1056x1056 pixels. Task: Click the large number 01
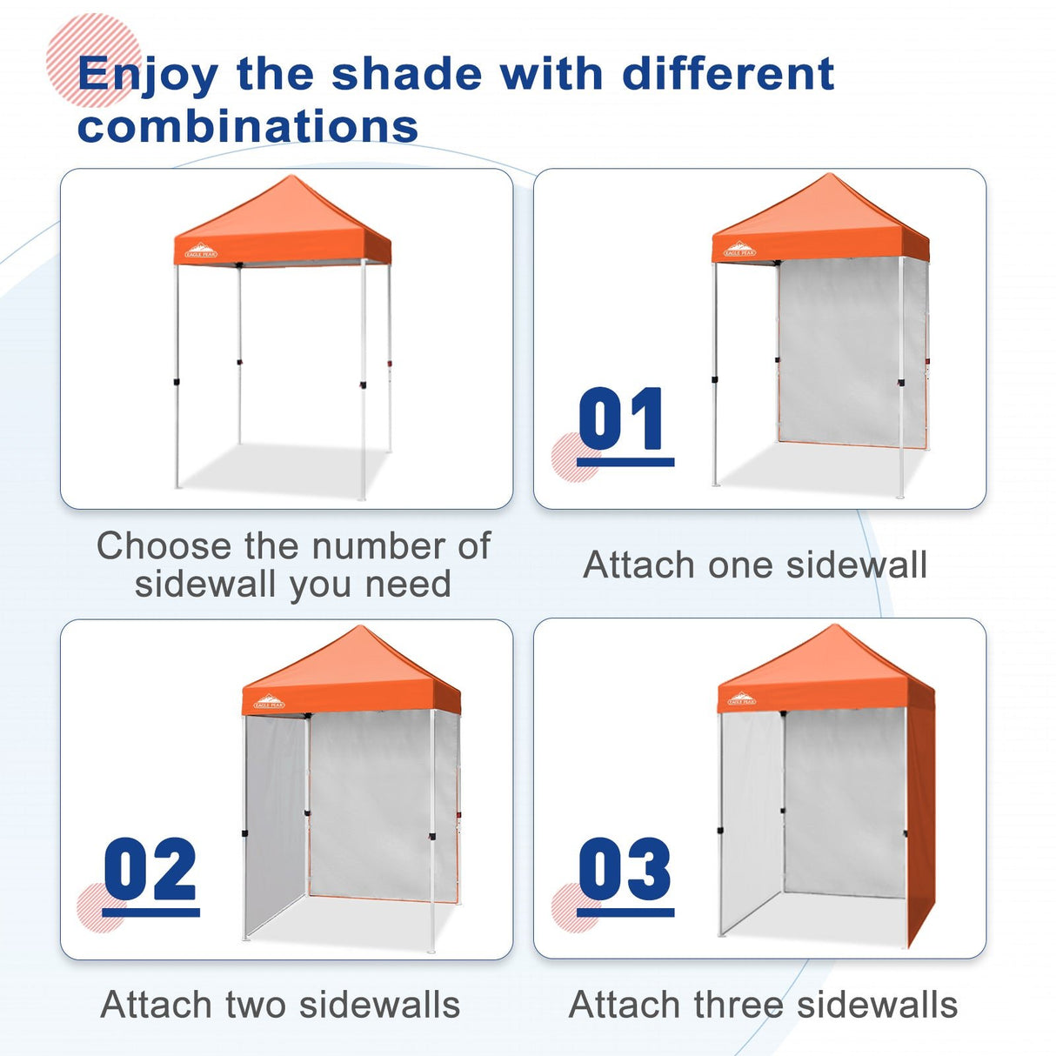click(x=623, y=419)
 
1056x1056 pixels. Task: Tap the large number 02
click(x=150, y=870)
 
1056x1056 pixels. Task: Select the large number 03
click(x=625, y=870)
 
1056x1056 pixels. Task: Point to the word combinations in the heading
click(x=248, y=126)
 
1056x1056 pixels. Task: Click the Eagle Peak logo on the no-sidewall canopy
click(x=201, y=252)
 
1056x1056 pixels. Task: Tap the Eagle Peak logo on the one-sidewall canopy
click(x=739, y=251)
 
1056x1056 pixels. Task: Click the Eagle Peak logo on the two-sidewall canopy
click(x=269, y=703)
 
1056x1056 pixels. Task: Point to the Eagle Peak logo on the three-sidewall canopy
click(x=741, y=698)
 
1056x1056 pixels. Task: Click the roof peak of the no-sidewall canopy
click(x=291, y=178)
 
